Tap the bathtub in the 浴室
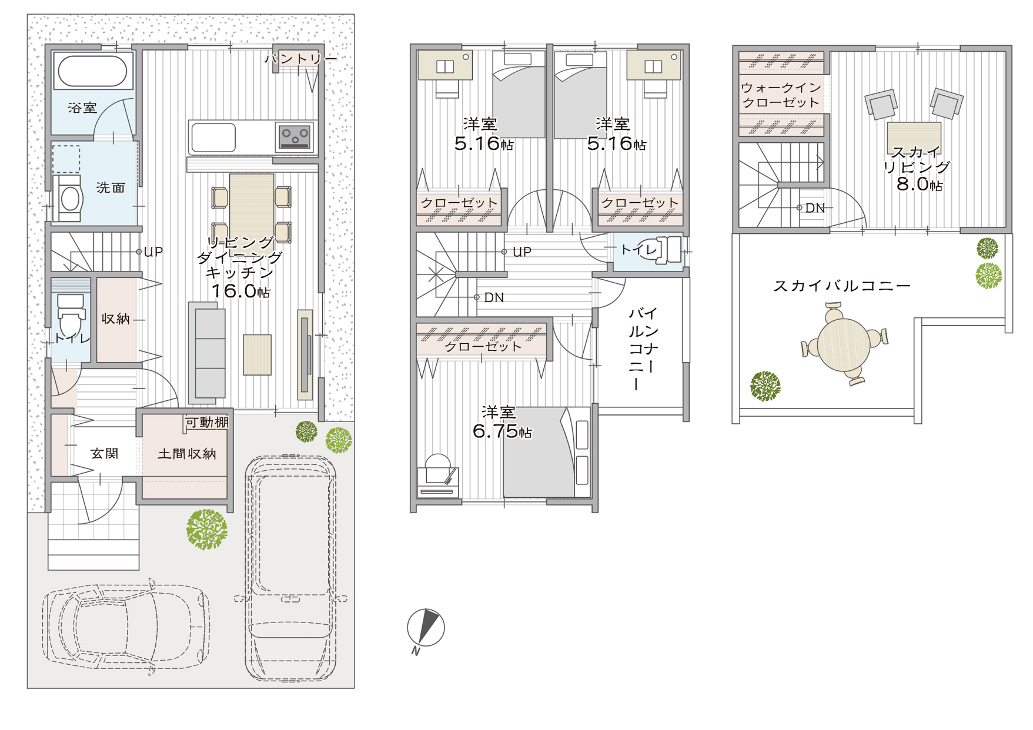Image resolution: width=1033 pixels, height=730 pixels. pos(92,71)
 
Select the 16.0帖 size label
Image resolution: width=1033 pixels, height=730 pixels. pos(240,290)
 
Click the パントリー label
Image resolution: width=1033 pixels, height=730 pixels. pos(300,58)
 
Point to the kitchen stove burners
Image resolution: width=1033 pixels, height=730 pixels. pos(295,137)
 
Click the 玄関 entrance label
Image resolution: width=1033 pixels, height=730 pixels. pos(105,453)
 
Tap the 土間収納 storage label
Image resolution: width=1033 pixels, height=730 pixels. pos(187,453)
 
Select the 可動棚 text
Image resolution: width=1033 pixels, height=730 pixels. pos(207,422)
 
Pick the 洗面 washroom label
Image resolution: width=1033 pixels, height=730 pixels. pos(111,187)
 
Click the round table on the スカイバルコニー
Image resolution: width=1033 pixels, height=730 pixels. pos(844,344)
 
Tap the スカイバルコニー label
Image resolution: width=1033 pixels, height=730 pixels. pos(841,286)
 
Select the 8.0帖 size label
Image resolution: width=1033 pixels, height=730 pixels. pos(920,185)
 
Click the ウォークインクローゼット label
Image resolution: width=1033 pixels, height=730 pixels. pos(781,95)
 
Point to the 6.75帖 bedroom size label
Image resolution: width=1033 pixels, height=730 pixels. pos(502,431)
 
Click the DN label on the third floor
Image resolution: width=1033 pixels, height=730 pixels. pos(815,207)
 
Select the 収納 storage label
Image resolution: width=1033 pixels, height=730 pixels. pos(115,319)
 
